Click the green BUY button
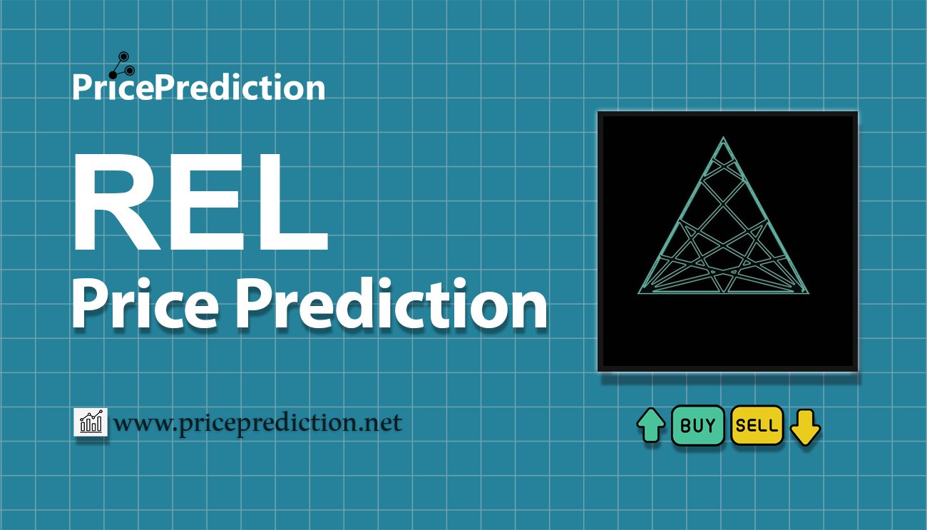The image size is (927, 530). click(697, 425)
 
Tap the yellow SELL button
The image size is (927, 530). click(757, 425)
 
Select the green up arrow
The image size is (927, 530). click(651, 425)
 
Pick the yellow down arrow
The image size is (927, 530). click(805, 427)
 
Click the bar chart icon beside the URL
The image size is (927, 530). click(91, 422)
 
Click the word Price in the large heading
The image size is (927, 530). click(145, 304)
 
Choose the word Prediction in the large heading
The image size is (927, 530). click(391, 304)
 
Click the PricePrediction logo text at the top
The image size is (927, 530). click(199, 87)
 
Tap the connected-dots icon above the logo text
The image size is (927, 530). click(122, 66)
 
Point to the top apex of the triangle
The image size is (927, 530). click(723, 137)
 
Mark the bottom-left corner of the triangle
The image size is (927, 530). click(639, 293)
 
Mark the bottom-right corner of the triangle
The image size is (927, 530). click(808, 293)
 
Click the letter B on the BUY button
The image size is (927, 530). click(685, 426)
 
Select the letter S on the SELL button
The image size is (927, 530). click(741, 426)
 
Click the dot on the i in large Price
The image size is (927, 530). click(143, 285)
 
